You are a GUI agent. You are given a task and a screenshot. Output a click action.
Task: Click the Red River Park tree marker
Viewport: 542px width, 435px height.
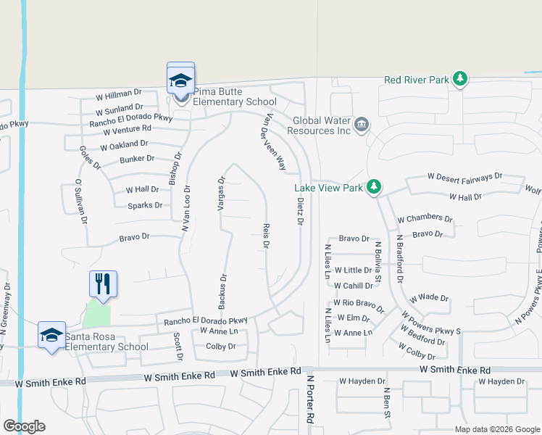[x=459, y=78]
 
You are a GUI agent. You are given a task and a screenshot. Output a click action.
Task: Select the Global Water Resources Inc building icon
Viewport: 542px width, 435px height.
[x=362, y=125]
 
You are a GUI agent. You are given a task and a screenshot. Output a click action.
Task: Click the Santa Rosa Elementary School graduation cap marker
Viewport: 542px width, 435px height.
[x=52, y=335]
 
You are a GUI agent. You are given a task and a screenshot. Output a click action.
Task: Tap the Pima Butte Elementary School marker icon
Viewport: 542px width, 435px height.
[x=180, y=80]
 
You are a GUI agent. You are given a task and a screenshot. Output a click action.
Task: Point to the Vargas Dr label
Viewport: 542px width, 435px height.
[x=222, y=193]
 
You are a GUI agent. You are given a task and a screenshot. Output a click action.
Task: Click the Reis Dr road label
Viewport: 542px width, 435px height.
[x=266, y=237]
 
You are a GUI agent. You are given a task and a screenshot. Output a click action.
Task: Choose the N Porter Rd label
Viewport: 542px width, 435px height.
[x=309, y=399]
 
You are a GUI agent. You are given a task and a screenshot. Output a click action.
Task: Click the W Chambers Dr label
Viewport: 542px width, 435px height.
[x=425, y=218]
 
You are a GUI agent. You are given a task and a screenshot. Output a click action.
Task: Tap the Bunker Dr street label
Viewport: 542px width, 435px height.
[x=137, y=158]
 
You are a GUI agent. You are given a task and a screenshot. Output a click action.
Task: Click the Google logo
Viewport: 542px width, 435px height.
[x=24, y=426]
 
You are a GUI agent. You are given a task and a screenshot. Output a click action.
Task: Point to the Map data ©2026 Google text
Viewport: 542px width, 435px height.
[x=496, y=429]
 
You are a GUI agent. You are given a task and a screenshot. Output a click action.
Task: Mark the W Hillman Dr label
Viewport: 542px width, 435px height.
[x=119, y=94]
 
